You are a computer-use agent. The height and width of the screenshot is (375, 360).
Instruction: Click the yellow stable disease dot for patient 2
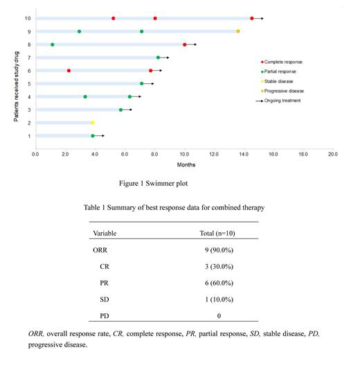(x=93, y=123)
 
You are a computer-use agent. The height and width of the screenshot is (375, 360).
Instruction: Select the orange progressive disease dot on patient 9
(x=238, y=31)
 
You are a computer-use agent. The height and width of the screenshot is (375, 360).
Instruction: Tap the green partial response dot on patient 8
(x=53, y=44)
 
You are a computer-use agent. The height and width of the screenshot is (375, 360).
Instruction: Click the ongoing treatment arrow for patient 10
(x=259, y=18)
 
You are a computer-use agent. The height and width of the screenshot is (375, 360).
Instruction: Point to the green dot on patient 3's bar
(x=120, y=110)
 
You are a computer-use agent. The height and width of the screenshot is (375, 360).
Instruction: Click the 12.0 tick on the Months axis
(x=214, y=153)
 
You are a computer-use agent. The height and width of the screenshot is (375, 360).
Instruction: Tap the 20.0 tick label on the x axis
(x=332, y=153)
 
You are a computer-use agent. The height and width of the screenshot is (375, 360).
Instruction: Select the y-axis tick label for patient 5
(x=28, y=84)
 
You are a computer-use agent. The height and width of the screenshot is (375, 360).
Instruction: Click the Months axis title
(x=184, y=165)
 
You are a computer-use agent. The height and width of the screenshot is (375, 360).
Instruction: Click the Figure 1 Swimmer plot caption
(x=155, y=184)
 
